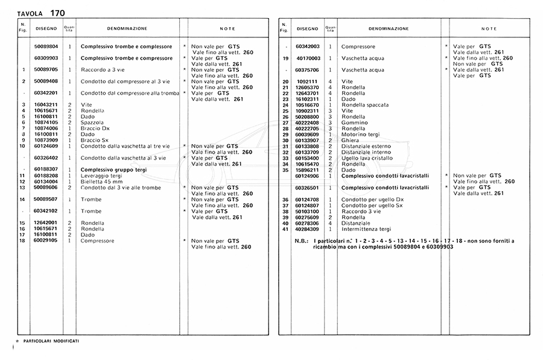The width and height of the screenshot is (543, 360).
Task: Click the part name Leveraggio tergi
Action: point(101,175)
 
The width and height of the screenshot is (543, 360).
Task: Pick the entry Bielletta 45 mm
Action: point(101,182)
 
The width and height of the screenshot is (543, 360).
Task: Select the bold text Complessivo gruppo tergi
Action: point(113,169)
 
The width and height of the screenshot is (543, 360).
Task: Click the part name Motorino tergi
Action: point(361,134)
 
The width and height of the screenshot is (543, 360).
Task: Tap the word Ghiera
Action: point(350,141)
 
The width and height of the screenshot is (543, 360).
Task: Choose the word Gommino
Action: point(353,122)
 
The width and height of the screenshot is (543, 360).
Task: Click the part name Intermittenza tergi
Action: point(366,229)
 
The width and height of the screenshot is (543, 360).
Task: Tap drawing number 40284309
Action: point(307,229)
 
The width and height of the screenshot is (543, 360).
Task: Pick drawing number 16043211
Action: point(46,105)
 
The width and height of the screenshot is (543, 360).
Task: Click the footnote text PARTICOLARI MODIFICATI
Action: point(51,341)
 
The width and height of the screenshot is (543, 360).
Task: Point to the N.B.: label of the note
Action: point(302,241)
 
